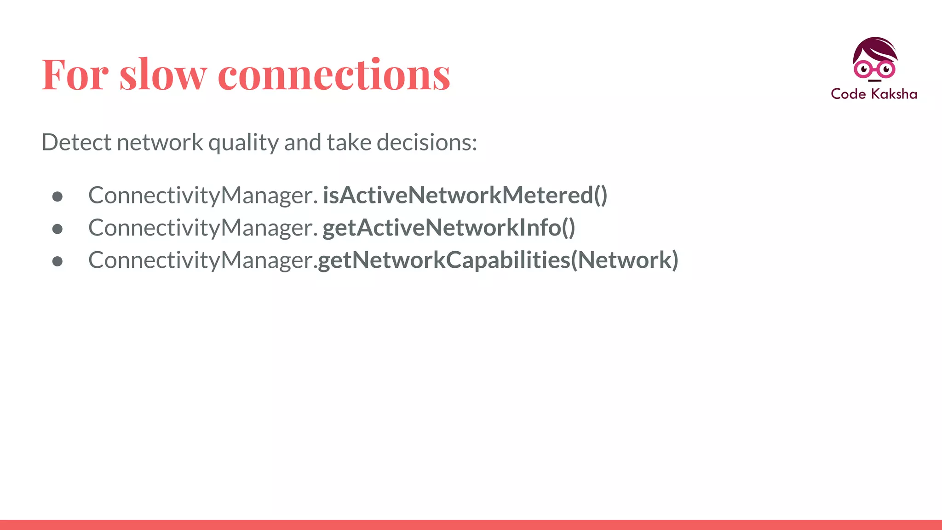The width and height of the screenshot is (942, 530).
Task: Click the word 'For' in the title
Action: tap(75, 75)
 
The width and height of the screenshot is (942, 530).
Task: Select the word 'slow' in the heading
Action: tap(163, 75)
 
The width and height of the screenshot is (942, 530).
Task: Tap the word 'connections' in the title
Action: tap(334, 75)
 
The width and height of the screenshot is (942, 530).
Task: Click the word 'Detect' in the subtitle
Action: tap(76, 142)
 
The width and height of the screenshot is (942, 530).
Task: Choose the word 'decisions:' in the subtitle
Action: tap(427, 142)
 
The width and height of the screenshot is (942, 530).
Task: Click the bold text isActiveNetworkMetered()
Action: tap(465, 195)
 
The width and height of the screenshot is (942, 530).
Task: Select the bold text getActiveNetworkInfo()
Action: tap(448, 228)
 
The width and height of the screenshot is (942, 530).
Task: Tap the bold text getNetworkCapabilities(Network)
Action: tap(498, 260)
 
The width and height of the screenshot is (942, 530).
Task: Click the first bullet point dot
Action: tap(57, 197)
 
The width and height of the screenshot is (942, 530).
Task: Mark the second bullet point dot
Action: tap(57, 229)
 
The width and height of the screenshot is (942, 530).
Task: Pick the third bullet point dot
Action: tap(57, 261)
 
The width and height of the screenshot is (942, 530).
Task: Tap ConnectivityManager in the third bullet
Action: tap(201, 260)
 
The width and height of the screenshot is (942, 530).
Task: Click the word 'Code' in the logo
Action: tap(848, 94)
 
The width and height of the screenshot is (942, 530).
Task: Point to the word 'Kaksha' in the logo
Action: tap(894, 94)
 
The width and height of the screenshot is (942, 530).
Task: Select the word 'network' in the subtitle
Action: tap(160, 142)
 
